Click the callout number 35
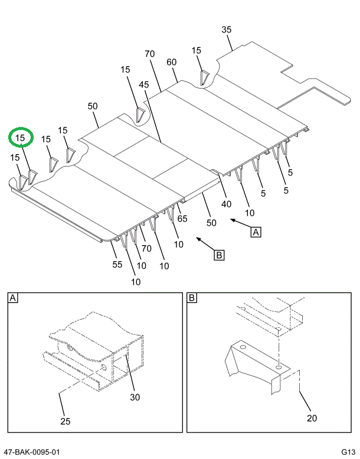click(227, 30)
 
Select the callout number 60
click(172, 63)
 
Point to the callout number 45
click(144, 84)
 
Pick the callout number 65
click(182, 219)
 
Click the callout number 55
click(117, 265)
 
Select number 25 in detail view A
click(65, 421)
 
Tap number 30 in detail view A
click(135, 397)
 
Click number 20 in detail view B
click(312, 418)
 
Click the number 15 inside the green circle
click(21, 138)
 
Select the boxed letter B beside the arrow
click(219, 255)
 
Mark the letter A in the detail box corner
click(13, 299)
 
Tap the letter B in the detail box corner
click(192, 299)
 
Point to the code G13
click(348, 453)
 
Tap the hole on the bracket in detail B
click(279, 367)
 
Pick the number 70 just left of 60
click(149, 54)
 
